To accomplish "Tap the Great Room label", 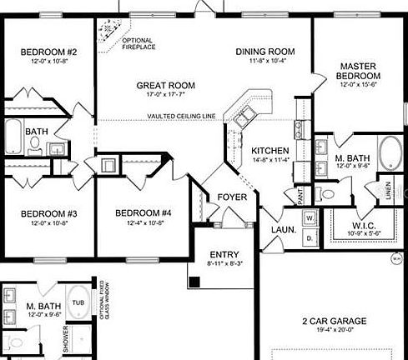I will coord(166,85).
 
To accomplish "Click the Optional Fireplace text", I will coord(138,42).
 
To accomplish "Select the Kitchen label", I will coord(270,150).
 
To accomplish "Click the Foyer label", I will coord(231,197).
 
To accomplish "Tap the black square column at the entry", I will coord(194,282).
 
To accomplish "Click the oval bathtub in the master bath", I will coord(390,156).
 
